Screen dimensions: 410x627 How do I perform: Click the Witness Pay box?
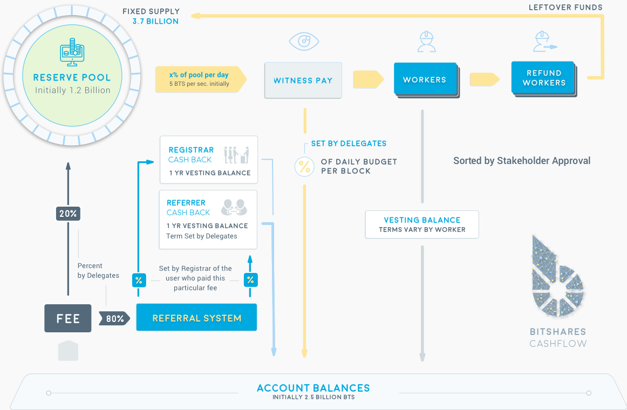pyautogui.click(x=303, y=80)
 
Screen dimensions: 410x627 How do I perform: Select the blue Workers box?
pyautogui.click(x=425, y=80)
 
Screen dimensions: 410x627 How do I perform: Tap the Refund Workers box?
pyautogui.click(x=543, y=78)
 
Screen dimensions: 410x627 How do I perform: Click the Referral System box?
pyautogui.click(x=196, y=318)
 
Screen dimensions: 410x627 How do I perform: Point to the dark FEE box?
pyautogui.click(x=68, y=318)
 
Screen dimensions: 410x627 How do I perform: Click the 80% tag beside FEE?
pyautogui.click(x=114, y=318)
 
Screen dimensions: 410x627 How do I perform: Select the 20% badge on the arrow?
pyautogui.click(x=68, y=214)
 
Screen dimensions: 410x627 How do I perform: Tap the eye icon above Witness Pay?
pyautogui.click(x=304, y=42)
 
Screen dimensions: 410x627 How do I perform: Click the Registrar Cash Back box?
pyautogui.click(x=209, y=160)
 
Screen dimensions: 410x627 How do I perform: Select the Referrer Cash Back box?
pyautogui.click(x=208, y=219)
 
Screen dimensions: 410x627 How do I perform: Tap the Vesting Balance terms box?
pyautogui.click(x=422, y=224)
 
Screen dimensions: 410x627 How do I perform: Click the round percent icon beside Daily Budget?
pyautogui.click(x=304, y=167)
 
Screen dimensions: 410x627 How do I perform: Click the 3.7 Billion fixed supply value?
pyautogui.click(x=155, y=22)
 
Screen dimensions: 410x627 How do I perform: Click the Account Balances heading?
pyautogui.click(x=313, y=388)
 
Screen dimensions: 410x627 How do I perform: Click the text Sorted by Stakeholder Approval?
pyautogui.click(x=522, y=160)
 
